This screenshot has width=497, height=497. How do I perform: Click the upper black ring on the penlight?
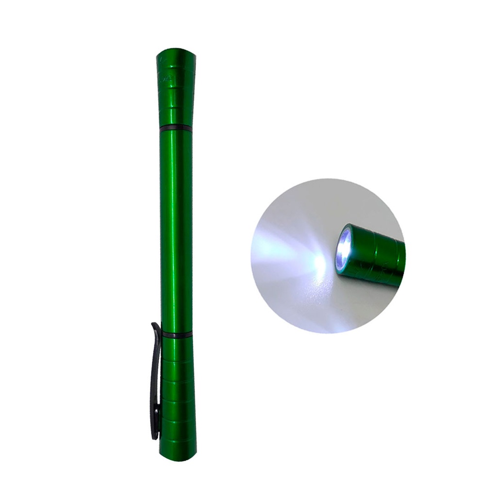[x=176, y=128]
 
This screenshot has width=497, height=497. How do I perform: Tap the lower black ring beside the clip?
[x=177, y=334]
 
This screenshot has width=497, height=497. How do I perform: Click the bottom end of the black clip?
[x=155, y=437]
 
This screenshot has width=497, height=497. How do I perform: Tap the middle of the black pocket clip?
[x=155, y=379]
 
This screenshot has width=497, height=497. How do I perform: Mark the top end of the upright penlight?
[x=176, y=50]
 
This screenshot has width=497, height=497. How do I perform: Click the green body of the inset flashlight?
[x=383, y=257]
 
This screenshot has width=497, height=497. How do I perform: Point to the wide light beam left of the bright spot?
[x=282, y=248]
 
